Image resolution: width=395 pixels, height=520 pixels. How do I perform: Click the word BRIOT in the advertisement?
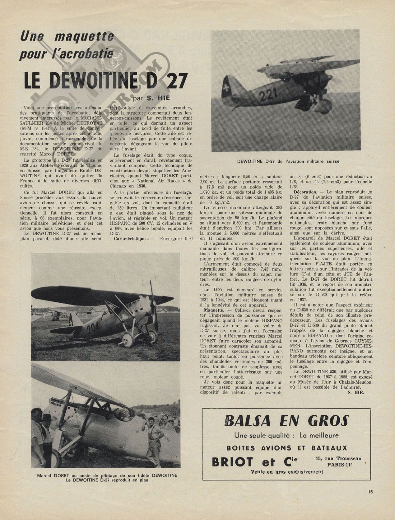tap(233, 462)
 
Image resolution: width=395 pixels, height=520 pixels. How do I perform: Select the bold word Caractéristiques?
tap(131, 238)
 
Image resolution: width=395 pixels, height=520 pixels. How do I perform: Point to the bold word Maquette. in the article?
tap(212, 311)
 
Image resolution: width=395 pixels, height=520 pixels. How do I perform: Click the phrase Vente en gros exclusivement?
tap(287, 472)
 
